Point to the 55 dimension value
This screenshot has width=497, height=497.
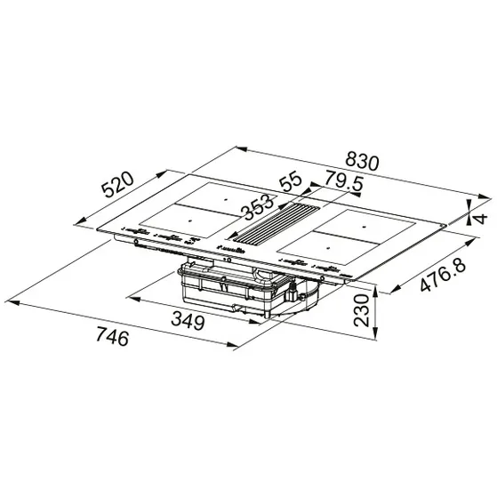291,181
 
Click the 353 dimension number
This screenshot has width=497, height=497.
259,205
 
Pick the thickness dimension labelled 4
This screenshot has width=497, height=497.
481,218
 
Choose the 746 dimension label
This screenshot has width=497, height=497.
111,338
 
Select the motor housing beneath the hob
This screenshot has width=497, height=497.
236,289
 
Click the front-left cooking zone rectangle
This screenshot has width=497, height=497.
182,222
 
